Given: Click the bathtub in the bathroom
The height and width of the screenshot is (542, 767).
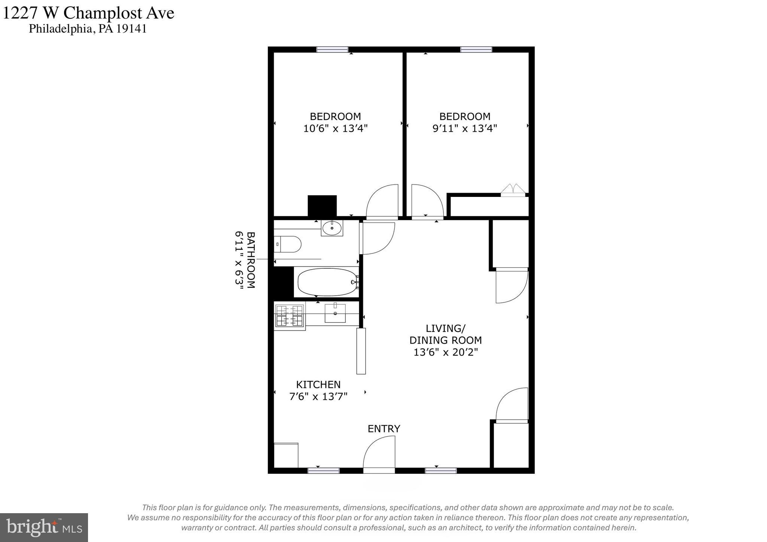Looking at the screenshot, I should [x=327, y=282].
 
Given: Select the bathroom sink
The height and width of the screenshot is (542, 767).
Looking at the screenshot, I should [x=332, y=228].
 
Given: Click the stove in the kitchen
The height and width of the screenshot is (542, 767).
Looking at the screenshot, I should [x=289, y=316].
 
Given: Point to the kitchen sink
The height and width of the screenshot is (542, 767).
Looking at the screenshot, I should [x=335, y=313].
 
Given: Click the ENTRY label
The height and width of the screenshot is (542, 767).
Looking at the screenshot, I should [x=383, y=429].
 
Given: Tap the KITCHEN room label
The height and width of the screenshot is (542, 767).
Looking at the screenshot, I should [x=318, y=384].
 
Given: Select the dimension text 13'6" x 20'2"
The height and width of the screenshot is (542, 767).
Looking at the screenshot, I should [x=446, y=352].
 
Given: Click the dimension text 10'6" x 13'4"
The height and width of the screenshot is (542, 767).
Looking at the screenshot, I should [x=335, y=128].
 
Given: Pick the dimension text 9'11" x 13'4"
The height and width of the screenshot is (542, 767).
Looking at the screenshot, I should [x=465, y=128].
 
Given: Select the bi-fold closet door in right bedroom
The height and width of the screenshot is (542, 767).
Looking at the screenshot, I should [x=513, y=190].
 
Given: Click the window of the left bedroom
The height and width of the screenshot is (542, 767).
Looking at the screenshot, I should [x=332, y=49].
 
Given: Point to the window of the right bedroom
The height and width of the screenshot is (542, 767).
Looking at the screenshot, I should [x=476, y=49].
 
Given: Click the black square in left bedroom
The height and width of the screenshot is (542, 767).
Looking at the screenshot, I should [x=322, y=205].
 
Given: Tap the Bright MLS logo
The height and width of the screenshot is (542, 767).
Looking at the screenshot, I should [x=44, y=527].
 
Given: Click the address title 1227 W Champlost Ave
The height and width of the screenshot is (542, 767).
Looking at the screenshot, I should [x=88, y=13].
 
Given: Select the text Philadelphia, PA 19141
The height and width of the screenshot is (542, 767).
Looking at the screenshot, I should [x=88, y=29].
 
